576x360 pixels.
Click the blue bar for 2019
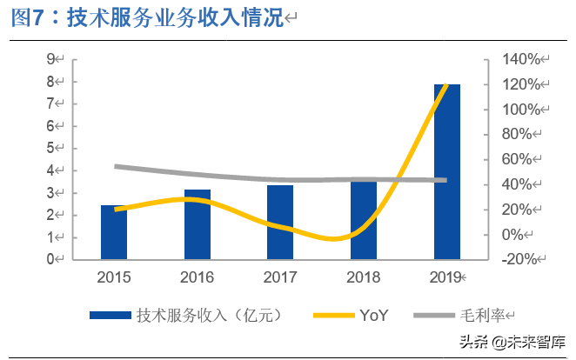[446, 171]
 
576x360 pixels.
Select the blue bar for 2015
[114, 232]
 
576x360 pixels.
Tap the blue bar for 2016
[197, 224]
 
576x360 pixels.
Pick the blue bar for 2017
[280, 222]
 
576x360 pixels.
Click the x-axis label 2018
[363, 277]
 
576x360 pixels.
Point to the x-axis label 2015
[114, 277]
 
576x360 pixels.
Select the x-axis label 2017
[280, 277]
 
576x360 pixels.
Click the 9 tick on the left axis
[51, 59]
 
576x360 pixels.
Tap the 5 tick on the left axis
[51, 148]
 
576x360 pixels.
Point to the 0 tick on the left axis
[51, 259]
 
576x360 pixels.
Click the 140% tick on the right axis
[521, 59]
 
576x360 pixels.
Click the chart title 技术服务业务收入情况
[146, 20]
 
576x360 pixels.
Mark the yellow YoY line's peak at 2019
[446, 85]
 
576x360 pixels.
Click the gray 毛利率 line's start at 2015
[116, 166]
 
